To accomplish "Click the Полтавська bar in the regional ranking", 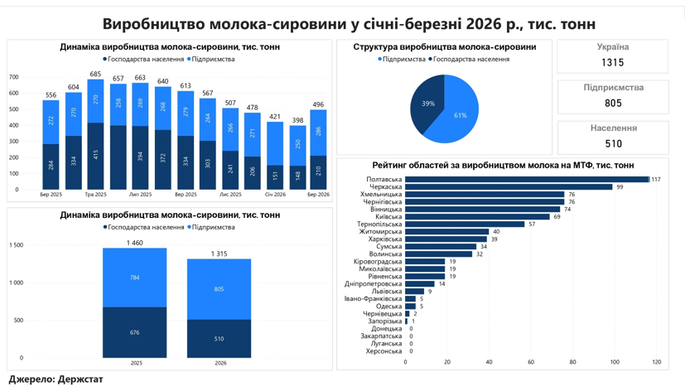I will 527,179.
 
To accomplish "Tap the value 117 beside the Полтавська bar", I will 656,180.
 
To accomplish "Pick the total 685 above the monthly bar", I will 95,75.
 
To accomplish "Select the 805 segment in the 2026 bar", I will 219,289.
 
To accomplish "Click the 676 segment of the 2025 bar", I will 135,332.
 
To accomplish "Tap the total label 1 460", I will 135,243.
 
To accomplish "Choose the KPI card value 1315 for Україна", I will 612,63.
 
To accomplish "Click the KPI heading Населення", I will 613,128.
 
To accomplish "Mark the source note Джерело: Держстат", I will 55,379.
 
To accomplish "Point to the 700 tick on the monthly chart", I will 13,77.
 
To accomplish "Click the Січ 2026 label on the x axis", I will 275,195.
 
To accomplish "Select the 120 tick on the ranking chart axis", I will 656,362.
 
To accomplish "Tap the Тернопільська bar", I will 465,224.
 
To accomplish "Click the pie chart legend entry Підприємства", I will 403,60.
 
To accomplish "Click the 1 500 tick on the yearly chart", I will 16,245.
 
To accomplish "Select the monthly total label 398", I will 297,121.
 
